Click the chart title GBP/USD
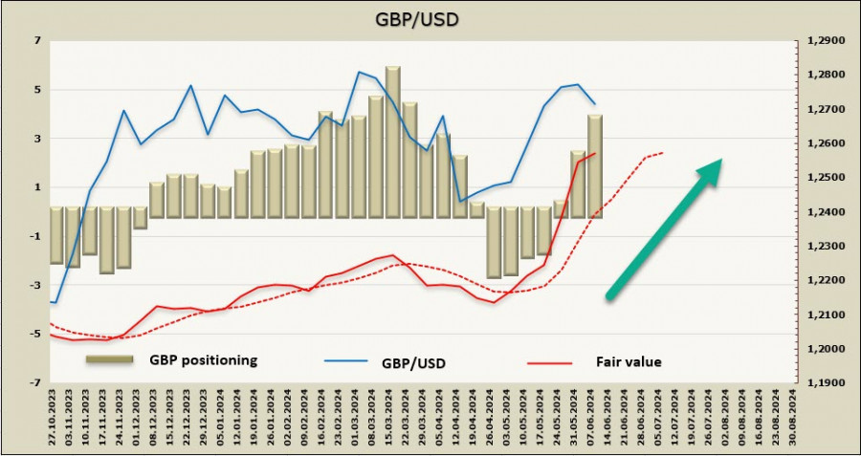[430, 18]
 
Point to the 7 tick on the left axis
[37, 41]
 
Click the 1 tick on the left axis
[37, 187]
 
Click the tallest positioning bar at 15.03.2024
[392, 141]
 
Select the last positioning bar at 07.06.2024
[594, 165]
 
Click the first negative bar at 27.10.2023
[55, 234]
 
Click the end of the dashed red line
[663, 152]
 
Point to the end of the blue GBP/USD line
[595, 103]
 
